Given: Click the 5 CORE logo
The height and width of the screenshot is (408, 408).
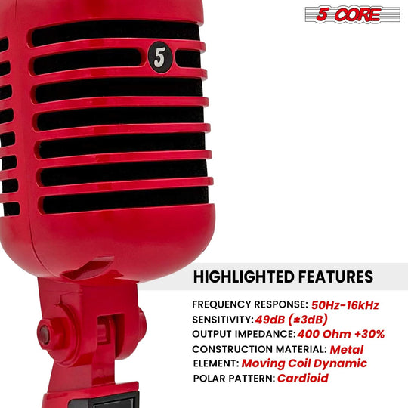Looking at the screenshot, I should point(352,14).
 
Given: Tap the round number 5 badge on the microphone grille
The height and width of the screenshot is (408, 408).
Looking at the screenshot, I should point(158,57).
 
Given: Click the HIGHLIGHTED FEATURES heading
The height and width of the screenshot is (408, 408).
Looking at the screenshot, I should point(283,277).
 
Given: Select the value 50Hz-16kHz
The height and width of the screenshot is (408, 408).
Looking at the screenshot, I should point(345,305).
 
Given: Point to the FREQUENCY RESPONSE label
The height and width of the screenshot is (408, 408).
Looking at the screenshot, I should point(250,305).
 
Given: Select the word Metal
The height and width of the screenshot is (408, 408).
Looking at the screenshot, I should point(347,349).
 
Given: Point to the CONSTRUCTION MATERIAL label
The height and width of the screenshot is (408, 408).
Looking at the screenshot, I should point(259,349).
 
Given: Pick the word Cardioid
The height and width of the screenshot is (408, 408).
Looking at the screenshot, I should point(302,378).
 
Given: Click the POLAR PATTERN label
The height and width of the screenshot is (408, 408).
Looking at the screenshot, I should point(234,378).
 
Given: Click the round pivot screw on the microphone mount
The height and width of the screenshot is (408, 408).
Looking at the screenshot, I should point(45,330).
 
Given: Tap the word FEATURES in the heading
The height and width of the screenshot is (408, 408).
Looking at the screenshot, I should point(334,277).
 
